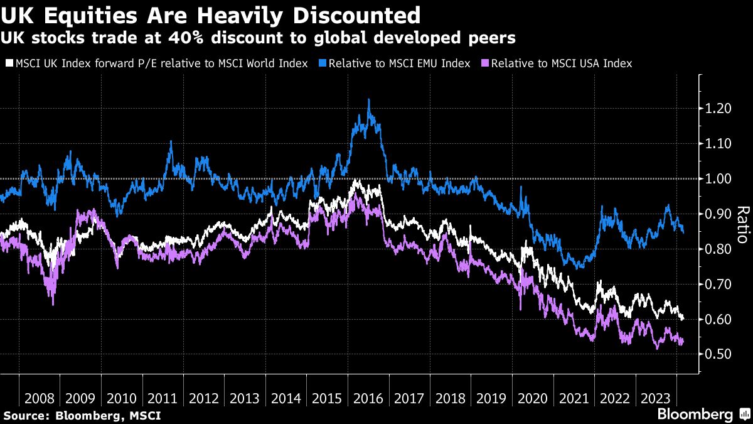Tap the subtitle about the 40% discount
click(258, 38)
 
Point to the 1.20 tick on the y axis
click(717, 109)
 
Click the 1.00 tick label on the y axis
click(717, 179)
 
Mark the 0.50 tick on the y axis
click(717, 355)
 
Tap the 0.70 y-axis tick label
click(717, 285)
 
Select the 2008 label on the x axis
click(39, 399)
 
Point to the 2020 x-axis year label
click(532, 399)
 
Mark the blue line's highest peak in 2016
click(368, 99)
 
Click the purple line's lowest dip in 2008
click(53, 305)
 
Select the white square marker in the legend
click(9, 63)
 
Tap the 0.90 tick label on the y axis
click(717, 214)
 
